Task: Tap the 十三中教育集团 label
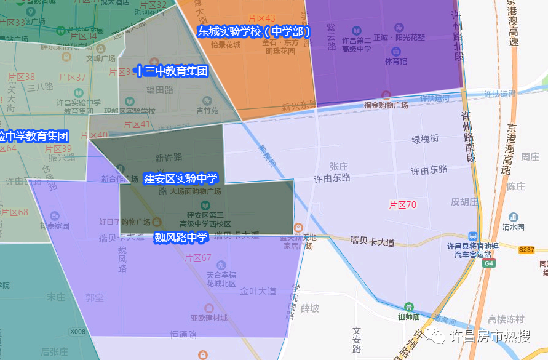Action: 172,71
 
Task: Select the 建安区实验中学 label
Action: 180,178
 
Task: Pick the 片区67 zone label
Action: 198,258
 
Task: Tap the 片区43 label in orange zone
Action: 262,19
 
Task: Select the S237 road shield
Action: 526,250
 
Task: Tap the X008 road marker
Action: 77,332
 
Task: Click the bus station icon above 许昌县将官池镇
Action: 472,236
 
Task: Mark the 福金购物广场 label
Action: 386,105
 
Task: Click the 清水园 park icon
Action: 513,217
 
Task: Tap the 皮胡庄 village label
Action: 464,201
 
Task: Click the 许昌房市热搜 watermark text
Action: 490,336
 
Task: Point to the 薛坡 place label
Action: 310,308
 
